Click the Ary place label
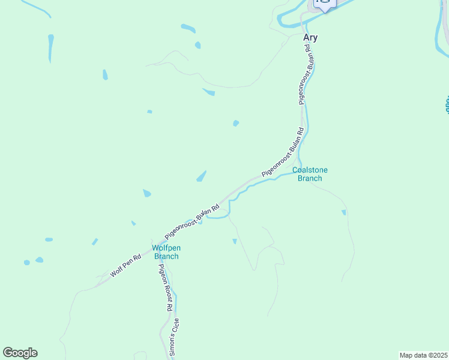point(310,37)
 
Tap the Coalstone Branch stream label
point(310,174)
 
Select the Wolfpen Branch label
point(166,252)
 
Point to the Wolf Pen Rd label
point(125,266)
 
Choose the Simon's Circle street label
point(174,338)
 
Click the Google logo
point(20,353)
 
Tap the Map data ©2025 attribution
point(423,355)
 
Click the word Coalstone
point(310,170)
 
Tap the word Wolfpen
point(166,248)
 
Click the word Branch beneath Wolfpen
point(166,256)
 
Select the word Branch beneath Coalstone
point(310,178)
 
